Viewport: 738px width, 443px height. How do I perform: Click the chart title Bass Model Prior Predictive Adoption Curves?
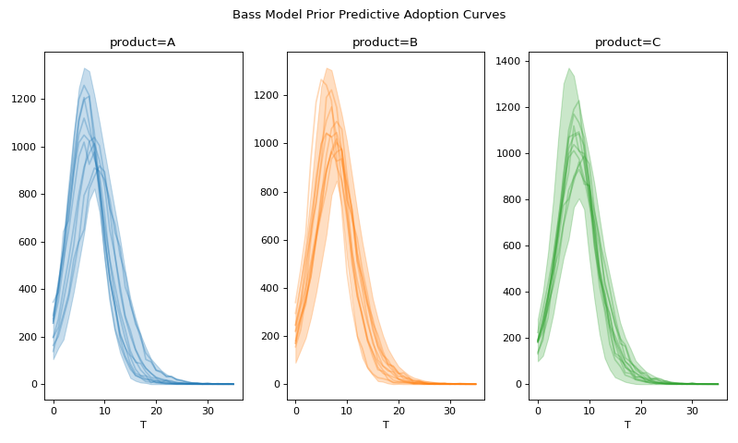(x=369, y=15)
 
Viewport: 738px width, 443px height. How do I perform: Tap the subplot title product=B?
(x=385, y=42)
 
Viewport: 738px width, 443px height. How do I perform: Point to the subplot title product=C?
(x=627, y=42)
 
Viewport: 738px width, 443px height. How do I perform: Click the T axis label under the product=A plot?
(x=143, y=425)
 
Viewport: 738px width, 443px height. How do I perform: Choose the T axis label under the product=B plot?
(x=386, y=425)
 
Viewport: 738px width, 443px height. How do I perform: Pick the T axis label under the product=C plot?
(x=627, y=425)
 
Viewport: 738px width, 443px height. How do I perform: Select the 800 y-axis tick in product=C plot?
(x=512, y=199)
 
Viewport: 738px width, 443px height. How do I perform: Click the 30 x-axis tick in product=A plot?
(x=208, y=409)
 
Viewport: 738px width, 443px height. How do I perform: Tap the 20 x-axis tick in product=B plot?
(x=399, y=409)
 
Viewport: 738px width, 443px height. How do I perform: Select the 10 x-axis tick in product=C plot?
(x=589, y=409)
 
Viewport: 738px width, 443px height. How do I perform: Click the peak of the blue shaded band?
(x=84, y=68)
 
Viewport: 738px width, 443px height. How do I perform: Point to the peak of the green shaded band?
(x=569, y=68)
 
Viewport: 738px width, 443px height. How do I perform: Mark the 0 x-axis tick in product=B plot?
(x=296, y=409)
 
